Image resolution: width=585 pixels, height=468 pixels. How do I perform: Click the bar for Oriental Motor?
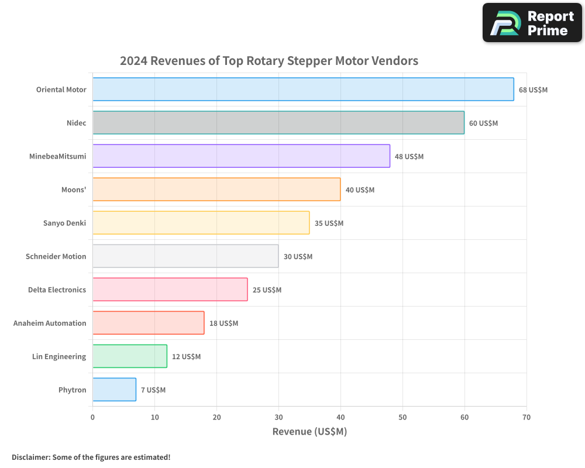click(303, 90)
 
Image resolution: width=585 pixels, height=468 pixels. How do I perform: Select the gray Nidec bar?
click(278, 123)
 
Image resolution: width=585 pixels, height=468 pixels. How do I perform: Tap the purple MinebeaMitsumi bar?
click(241, 156)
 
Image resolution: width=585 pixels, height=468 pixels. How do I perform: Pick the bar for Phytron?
click(114, 390)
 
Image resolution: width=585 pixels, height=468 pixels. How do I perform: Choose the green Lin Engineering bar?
click(130, 356)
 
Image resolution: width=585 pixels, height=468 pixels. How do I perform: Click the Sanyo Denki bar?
click(201, 223)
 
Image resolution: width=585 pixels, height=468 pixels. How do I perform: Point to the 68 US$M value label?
click(533, 90)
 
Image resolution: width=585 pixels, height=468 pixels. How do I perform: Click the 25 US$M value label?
click(267, 290)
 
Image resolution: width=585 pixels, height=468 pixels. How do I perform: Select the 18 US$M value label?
click(223, 324)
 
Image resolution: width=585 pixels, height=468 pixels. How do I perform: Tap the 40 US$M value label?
click(360, 190)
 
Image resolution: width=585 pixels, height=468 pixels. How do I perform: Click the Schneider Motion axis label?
click(56, 256)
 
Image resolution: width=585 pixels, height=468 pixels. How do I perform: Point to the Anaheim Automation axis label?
click(50, 323)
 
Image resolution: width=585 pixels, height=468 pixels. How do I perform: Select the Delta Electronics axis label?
click(57, 290)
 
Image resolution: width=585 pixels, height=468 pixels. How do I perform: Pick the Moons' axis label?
click(74, 190)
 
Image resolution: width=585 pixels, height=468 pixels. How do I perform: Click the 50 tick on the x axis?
click(402, 417)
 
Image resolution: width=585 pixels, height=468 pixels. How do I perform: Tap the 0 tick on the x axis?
click(92, 417)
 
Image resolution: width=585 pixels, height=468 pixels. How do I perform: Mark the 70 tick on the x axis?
click(526, 417)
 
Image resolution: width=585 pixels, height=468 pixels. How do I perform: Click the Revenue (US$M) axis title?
click(309, 432)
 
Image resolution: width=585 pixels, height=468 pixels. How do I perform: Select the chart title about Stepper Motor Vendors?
click(269, 61)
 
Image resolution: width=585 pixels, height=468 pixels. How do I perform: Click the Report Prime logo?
click(532, 23)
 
